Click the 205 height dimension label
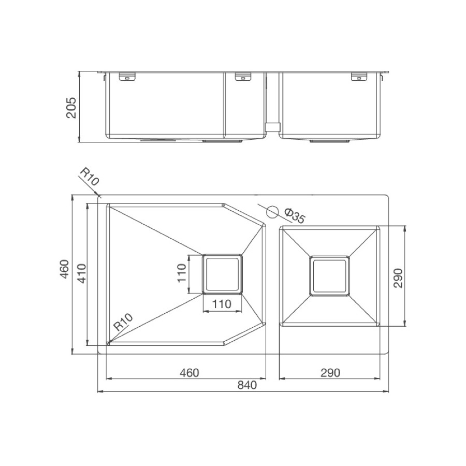click(71, 108)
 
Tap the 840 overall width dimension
click(247, 385)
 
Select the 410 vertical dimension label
click(81, 273)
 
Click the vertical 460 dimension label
click(65, 269)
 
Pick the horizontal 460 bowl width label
click(190, 372)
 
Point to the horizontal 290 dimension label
click(330, 372)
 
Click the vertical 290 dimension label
click(398, 278)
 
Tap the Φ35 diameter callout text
click(295, 216)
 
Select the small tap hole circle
click(272, 212)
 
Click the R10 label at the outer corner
click(89, 177)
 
